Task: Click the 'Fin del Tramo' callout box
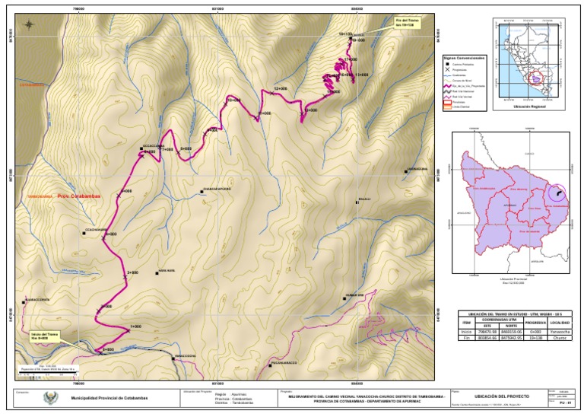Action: (408, 24)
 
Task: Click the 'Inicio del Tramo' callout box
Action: (45, 336)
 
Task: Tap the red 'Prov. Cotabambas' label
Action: (79, 196)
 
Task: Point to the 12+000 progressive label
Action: (281, 89)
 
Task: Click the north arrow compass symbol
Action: (28, 24)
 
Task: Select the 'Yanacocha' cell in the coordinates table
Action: (560, 332)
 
